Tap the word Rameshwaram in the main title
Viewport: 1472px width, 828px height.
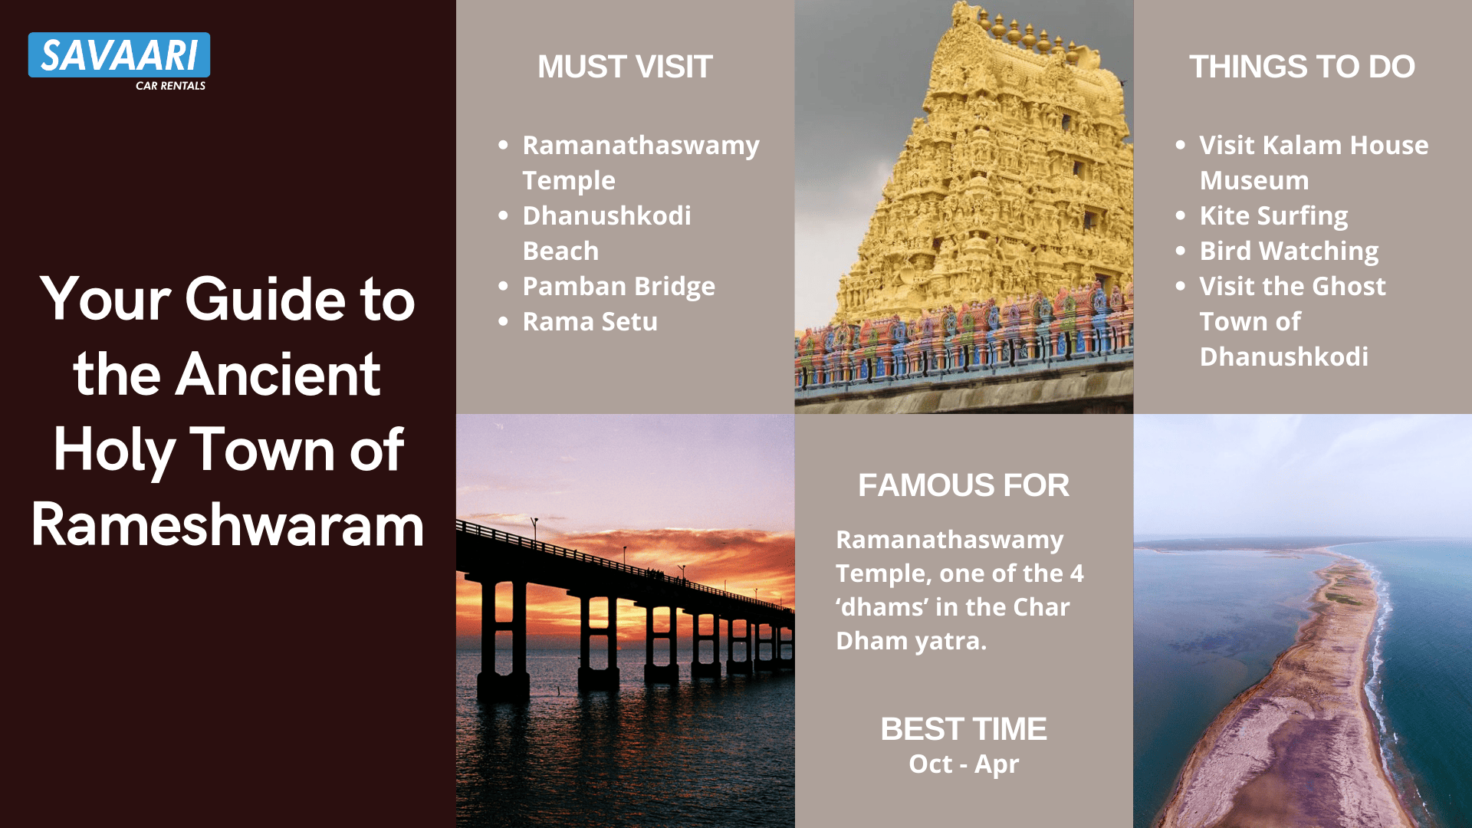[228, 525]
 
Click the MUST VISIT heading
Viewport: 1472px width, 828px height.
[625, 67]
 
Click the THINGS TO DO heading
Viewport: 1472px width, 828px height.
[1302, 67]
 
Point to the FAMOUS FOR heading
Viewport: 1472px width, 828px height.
[964, 485]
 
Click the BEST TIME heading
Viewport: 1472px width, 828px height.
[964, 729]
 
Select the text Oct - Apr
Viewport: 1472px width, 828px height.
[964, 764]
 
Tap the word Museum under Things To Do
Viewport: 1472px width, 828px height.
[1254, 180]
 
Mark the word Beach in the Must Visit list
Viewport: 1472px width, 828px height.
[560, 251]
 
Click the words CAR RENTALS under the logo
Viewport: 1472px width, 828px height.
[170, 86]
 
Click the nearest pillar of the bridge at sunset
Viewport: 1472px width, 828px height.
[503, 636]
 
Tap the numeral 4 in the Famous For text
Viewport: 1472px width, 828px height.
[1077, 573]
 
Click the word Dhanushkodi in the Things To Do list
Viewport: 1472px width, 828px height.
[1283, 357]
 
